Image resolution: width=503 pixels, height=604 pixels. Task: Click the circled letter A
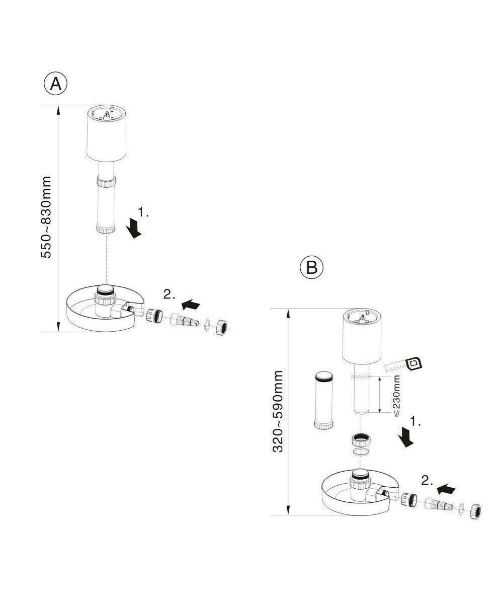(x=55, y=84)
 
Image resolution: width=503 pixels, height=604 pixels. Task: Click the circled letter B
(x=311, y=267)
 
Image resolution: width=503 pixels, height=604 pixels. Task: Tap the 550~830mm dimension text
(x=46, y=217)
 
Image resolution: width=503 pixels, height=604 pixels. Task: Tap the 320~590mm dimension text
(x=278, y=411)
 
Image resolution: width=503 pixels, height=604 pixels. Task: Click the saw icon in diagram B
(x=403, y=366)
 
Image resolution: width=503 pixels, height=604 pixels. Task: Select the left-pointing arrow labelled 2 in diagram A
(x=191, y=304)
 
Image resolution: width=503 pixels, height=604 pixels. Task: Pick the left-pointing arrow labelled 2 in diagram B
(x=447, y=488)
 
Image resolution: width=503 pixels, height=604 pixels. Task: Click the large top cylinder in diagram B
(x=362, y=336)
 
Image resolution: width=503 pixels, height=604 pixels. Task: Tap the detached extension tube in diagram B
(x=323, y=400)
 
